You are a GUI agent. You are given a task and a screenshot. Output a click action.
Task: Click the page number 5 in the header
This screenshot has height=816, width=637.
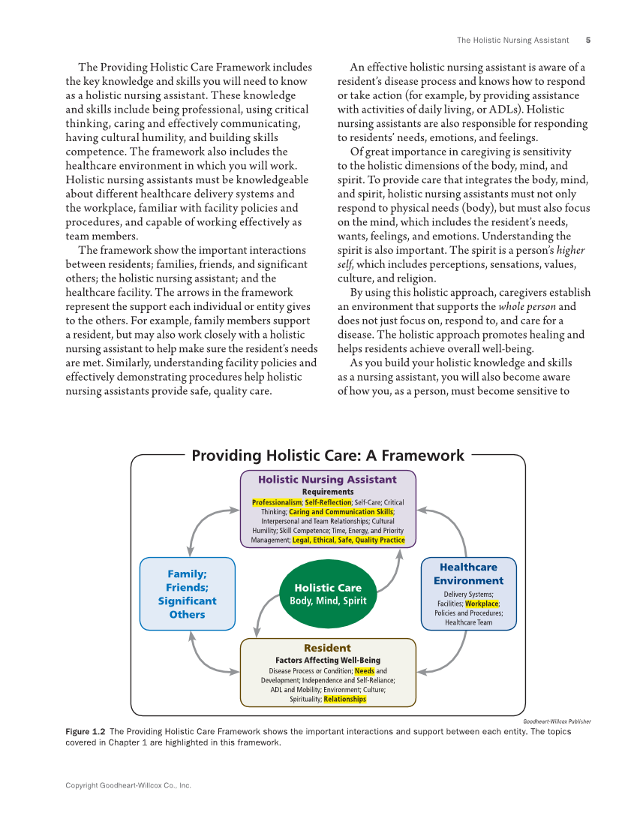(x=587, y=41)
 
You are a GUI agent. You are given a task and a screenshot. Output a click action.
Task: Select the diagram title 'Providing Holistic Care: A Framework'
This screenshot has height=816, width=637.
(x=328, y=456)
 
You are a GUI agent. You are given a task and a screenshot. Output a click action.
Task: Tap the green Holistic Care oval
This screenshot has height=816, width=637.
(x=327, y=594)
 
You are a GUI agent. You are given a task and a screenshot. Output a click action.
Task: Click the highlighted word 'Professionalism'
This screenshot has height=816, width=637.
(x=277, y=502)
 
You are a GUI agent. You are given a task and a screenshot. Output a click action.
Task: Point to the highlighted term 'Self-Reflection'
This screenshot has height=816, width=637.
(x=328, y=502)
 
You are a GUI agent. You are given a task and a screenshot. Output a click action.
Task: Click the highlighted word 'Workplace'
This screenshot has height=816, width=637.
(x=482, y=604)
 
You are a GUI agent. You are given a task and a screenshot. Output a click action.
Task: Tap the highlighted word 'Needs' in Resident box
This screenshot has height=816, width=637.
(x=365, y=671)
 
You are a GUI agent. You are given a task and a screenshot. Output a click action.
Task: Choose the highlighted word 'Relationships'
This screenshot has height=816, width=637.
(x=345, y=699)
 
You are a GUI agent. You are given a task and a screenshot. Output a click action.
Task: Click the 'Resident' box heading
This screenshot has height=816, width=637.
(x=327, y=648)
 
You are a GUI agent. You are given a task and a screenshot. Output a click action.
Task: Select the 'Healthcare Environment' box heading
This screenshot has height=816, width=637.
(x=468, y=574)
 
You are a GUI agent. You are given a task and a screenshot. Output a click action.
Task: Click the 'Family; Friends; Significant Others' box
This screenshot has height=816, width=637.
(x=187, y=594)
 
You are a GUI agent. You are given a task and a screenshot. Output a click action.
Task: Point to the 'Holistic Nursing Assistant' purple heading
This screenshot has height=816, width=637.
(x=327, y=479)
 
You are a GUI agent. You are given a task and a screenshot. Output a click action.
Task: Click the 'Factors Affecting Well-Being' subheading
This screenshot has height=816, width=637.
(x=328, y=661)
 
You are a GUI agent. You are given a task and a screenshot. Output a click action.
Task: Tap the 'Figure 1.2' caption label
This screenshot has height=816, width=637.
(x=85, y=732)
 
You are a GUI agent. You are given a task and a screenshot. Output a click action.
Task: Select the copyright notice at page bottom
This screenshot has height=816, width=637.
(x=128, y=785)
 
